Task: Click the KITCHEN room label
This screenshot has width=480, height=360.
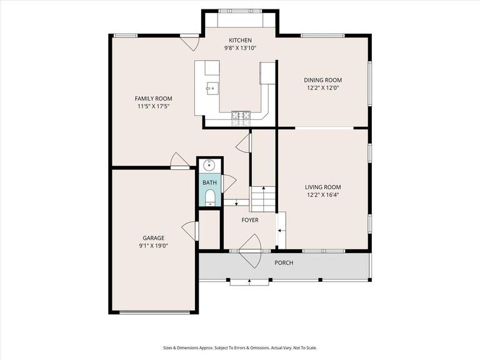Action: pyautogui.click(x=240, y=41)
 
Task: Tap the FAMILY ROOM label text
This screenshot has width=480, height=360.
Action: pyautogui.click(x=153, y=99)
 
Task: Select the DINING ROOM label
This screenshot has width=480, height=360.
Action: pyautogui.click(x=322, y=80)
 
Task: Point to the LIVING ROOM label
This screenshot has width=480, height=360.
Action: pyautogui.click(x=322, y=187)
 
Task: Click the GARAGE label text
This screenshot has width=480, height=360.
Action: pyautogui.click(x=153, y=238)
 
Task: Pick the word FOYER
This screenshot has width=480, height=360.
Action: pyautogui.click(x=250, y=220)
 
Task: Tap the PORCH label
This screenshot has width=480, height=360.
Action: pyautogui.click(x=284, y=262)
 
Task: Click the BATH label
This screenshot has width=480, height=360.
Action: pyautogui.click(x=209, y=182)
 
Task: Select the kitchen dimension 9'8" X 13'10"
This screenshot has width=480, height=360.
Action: pyautogui.click(x=240, y=48)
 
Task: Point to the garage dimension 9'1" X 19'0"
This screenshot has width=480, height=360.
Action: pyautogui.click(x=153, y=246)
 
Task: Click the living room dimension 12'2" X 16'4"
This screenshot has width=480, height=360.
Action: pyautogui.click(x=322, y=194)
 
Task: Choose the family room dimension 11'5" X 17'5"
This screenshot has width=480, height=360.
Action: pyautogui.click(x=153, y=106)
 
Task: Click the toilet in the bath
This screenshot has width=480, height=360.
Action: pyautogui.click(x=210, y=199)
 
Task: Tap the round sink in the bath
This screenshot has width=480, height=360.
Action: pyautogui.click(x=210, y=165)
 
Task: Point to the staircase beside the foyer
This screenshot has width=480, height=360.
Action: pyautogui.click(x=263, y=199)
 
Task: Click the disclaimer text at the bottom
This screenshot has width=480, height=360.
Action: pyautogui.click(x=240, y=348)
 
